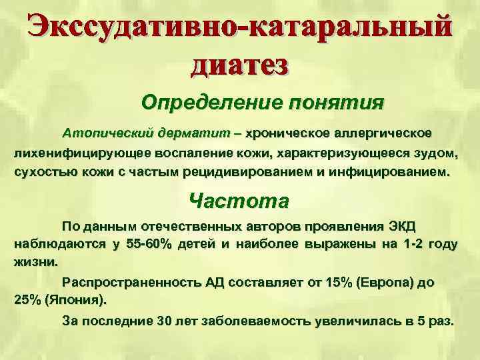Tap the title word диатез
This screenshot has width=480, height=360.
240,65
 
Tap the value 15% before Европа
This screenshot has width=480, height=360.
334,282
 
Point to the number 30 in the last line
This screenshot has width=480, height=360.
164,320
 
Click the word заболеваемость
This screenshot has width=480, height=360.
255,320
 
